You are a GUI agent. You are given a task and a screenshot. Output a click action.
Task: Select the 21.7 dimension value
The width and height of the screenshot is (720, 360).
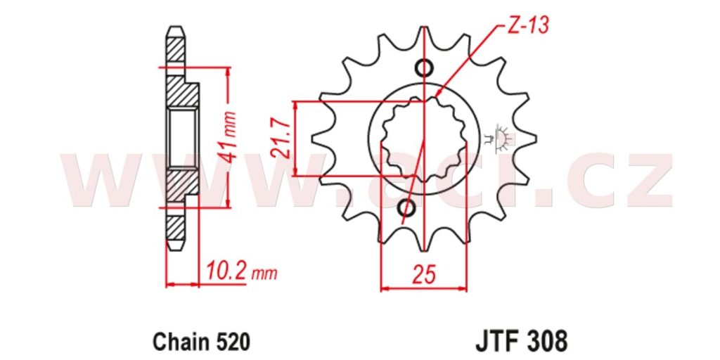tap(281, 138)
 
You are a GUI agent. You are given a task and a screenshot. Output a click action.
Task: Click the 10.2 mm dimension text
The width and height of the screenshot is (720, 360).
tap(242, 272)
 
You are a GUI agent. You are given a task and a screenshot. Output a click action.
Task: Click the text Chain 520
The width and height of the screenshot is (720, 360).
tap(202, 342)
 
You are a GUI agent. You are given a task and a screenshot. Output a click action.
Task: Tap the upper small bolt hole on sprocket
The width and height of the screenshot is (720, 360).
tap(423, 68)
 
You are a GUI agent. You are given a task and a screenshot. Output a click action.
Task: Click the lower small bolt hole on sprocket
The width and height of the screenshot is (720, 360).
tap(406, 208)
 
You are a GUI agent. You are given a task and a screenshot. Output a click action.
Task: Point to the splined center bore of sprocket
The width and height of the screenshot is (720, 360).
tap(423, 139)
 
